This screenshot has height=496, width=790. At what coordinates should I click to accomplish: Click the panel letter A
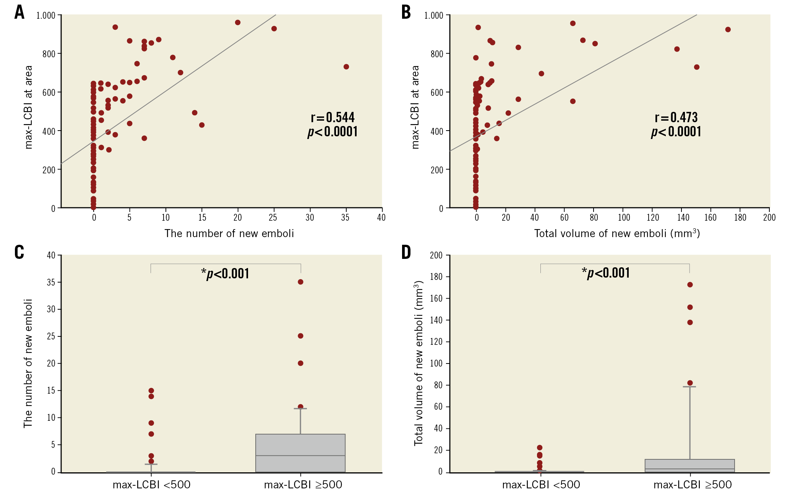click(19, 12)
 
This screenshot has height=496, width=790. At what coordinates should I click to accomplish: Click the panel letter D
click(406, 252)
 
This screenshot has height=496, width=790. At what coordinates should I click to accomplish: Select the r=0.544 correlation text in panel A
click(333, 117)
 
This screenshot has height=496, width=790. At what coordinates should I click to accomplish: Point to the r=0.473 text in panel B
click(676, 117)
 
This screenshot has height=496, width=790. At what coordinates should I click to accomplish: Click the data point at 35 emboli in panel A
click(346, 67)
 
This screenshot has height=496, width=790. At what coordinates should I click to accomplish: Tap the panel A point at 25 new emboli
click(274, 29)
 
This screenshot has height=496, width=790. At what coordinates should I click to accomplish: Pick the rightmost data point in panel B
click(728, 30)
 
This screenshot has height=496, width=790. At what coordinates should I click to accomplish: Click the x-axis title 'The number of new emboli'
click(229, 233)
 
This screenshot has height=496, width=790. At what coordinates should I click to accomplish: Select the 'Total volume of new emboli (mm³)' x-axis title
click(617, 233)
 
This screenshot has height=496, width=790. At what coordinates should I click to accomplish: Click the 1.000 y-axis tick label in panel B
click(433, 16)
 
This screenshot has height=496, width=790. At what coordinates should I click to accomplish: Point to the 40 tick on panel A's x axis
click(381, 218)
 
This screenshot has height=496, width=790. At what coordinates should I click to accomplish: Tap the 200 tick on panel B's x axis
click(769, 218)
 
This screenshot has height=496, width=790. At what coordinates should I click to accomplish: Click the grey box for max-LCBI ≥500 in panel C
click(300, 453)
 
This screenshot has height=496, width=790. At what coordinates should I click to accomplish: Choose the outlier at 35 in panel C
click(300, 282)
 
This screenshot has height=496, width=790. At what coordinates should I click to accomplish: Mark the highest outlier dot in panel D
click(690, 284)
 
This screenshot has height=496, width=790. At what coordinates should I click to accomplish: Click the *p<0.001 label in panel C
click(225, 273)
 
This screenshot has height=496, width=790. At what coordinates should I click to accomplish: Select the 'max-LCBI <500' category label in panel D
click(541, 485)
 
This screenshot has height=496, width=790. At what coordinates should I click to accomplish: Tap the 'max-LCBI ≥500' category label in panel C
click(303, 485)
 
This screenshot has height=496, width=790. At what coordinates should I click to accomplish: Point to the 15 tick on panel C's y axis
click(51, 390)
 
